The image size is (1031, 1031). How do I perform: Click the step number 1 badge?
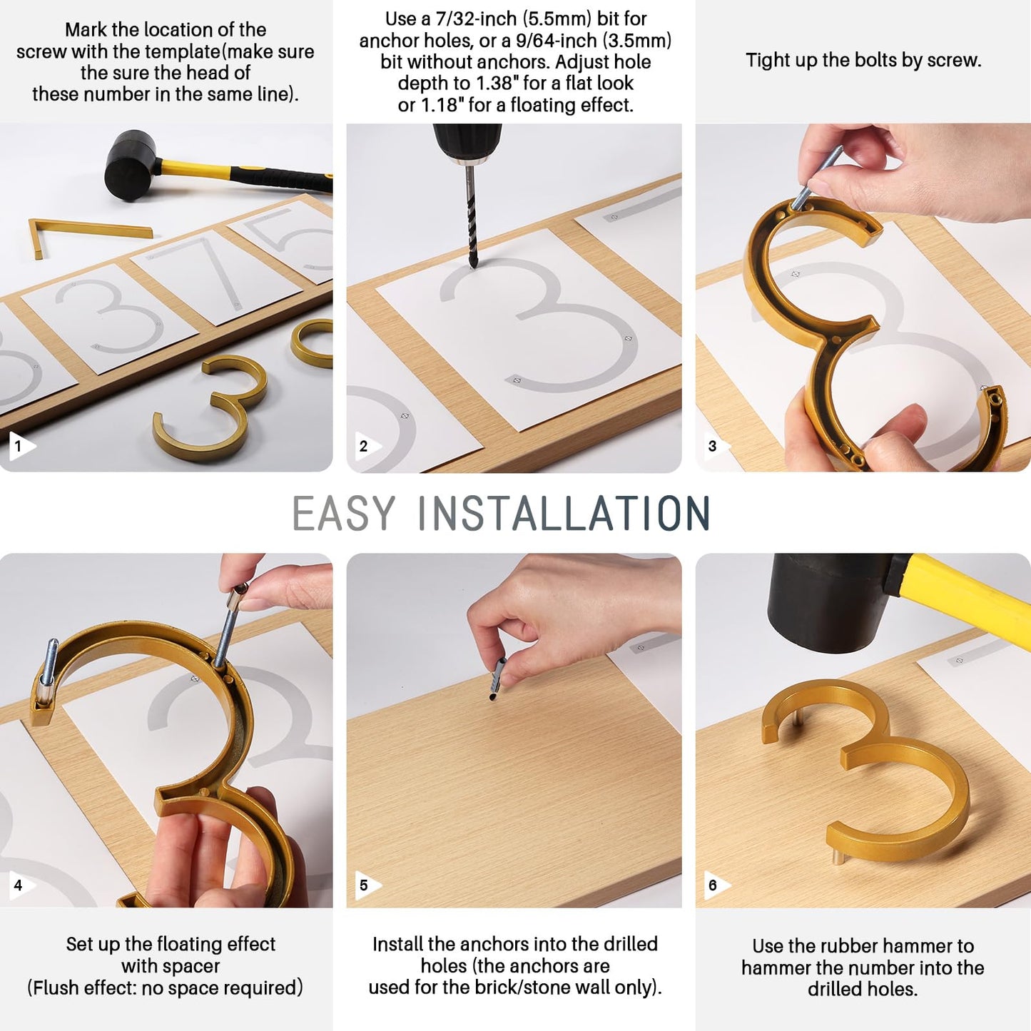(x=20, y=446)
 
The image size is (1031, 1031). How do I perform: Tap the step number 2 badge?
(x=367, y=446)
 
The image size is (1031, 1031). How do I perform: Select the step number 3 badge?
(x=715, y=446)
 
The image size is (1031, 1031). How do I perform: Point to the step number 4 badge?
(x=20, y=885)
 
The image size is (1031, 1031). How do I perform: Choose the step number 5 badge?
(x=367, y=885)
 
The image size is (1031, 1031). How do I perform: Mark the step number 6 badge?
(x=715, y=885)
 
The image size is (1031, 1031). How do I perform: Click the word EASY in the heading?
(x=343, y=514)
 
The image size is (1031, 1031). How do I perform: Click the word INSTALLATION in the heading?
(x=564, y=514)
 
